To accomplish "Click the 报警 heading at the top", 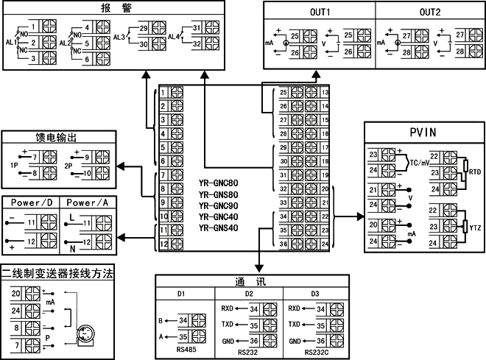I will click(110, 10).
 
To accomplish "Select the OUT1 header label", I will click(319, 13).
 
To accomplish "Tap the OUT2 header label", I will click(430, 13).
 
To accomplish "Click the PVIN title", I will click(424, 133).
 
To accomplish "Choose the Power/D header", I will click(31, 202).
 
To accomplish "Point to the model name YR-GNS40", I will click(218, 227).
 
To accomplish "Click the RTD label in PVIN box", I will click(475, 171).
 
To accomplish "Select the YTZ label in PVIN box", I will click(475, 229).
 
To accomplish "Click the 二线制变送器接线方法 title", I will click(57, 273).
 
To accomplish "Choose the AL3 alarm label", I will click(119, 35).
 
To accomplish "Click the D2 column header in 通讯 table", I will click(249, 294).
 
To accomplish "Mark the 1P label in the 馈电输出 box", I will click(14, 166).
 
